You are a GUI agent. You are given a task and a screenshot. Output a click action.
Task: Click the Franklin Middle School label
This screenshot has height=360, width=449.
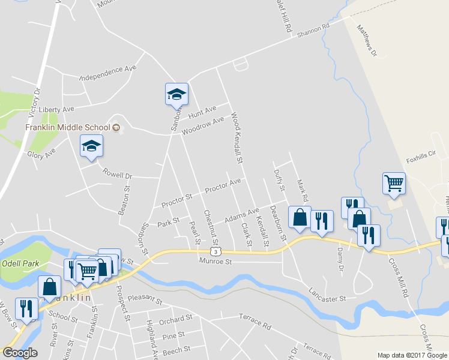coord(68,127)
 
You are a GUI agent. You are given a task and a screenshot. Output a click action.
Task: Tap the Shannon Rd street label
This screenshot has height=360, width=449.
coord(313,32)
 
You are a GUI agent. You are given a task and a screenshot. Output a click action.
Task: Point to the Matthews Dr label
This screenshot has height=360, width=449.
coord(366,41)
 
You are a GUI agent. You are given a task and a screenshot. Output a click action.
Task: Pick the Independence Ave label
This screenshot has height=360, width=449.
coord(108,73)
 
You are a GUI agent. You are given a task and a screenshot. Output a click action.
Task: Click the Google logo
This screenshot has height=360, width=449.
coord(20,353)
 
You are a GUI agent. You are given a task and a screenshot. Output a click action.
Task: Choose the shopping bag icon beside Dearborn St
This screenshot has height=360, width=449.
coord(300,217)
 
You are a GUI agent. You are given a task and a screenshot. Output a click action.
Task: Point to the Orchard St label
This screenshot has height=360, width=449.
coord(176,319)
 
